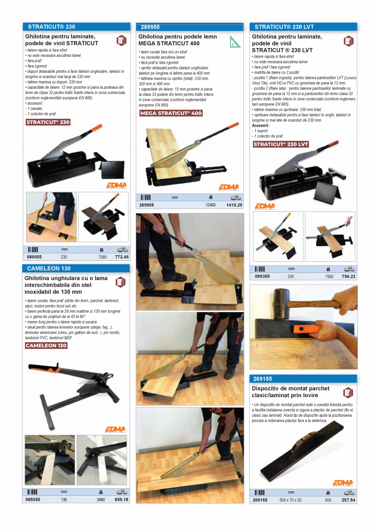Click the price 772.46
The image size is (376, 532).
(122, 257)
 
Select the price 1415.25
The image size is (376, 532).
(234, 205)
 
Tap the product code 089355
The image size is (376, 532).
(262, 276)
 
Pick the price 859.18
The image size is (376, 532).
(121, 500)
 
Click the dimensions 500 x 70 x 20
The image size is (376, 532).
(290, 500)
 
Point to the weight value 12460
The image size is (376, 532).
(210, 205)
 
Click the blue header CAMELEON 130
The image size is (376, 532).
(49, 269)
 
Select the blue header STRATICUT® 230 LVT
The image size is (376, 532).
(284, 27)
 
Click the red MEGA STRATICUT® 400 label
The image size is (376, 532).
(171, 113)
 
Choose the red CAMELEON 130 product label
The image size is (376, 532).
(46, 346)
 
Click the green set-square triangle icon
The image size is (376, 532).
(235, 42)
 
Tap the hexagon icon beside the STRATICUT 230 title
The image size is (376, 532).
(121, 40)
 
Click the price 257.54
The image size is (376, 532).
(348, 500)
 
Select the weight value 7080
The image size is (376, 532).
(102, 257)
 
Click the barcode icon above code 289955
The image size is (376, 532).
(146, 198)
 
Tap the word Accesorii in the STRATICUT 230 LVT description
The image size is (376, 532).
(260, 126)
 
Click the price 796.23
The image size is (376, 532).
(348, 276)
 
